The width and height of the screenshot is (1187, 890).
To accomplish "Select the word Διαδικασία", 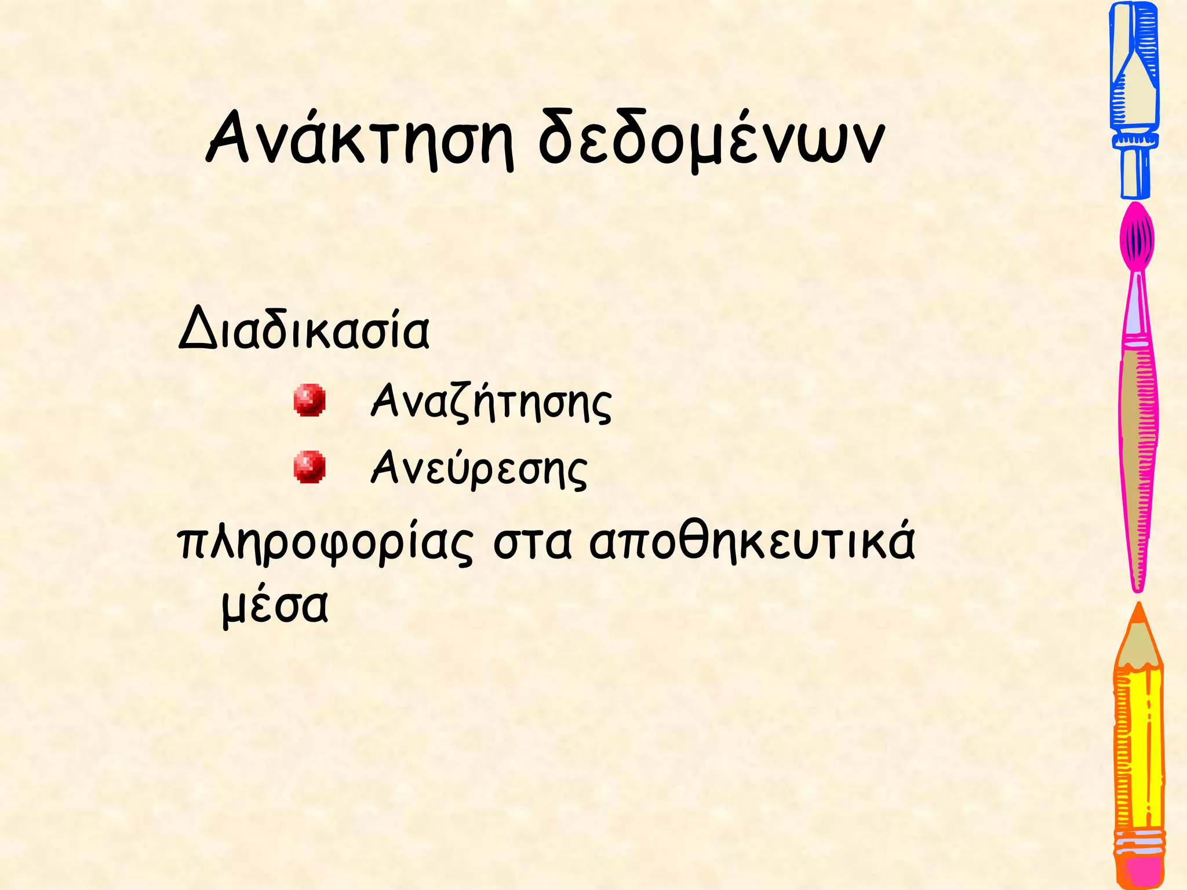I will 304,331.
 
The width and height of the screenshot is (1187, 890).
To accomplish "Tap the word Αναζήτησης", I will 491,402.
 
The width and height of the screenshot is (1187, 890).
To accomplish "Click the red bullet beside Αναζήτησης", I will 309,400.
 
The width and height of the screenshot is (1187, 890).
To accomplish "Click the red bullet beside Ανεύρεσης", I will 309,466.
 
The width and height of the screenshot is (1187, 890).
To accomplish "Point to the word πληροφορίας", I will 325,545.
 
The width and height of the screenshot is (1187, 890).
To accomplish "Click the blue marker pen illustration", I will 1134,75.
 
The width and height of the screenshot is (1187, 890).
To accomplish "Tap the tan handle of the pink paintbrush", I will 1138,452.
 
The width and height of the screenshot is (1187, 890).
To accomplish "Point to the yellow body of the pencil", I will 1138,753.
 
